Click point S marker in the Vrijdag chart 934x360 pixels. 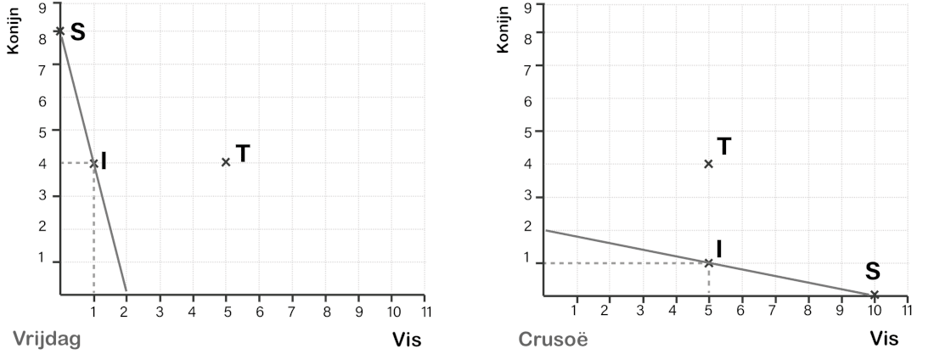(59, 31)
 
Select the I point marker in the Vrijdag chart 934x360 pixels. (93, 163)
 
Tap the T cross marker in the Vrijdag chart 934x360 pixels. (226, 162)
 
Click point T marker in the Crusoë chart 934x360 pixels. (708, 163)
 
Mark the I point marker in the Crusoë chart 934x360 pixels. (708, 262)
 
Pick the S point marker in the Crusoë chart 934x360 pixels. (875, 295)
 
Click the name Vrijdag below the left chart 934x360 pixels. (47, 340)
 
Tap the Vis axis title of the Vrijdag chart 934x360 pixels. (406, 340)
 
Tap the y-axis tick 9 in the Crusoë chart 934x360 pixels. (528, 7)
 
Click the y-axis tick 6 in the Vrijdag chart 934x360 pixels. (42, 100)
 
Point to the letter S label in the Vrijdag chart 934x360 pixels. (77, 32)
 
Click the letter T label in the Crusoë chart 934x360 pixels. (724, 146)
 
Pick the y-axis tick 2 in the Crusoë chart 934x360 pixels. (527, 227)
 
